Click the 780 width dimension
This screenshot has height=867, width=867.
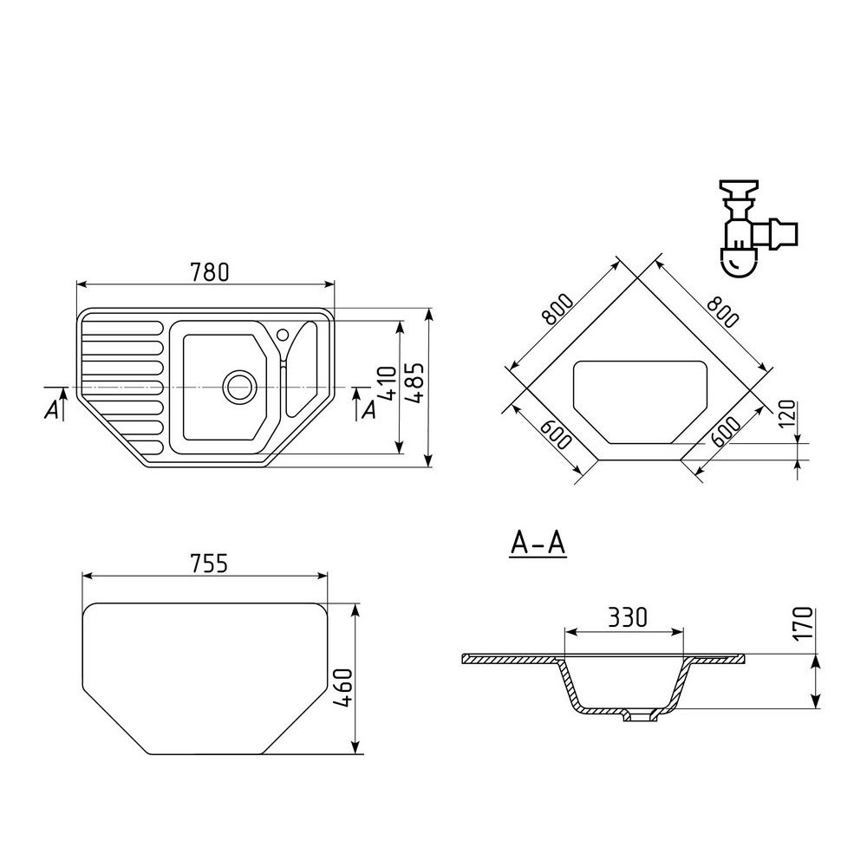point(209,272)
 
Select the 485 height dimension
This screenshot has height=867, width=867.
point(415,382)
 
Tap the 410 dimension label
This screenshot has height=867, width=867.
point(387,383)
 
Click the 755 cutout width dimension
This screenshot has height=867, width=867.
point(208,564)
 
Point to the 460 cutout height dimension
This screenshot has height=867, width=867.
point(343,688)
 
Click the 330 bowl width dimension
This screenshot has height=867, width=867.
point(628,617)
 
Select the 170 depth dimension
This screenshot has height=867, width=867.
point(804,623)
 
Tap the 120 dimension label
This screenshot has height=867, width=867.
point(787,414)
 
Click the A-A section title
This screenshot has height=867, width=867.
point(538,544)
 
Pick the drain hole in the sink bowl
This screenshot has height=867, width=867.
point(239,387)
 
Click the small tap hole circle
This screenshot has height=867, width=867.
point(283,334)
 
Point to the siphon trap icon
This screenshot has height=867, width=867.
point(757,226)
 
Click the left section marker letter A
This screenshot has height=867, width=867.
point(51,410)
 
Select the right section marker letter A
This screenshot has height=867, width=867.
point(368,410)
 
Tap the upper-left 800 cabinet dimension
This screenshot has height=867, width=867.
point(557,310)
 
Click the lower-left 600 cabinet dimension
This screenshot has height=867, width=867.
point(555,434)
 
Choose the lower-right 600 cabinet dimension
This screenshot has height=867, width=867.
point(726,432)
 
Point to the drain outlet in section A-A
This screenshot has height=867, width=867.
point(641,717)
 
